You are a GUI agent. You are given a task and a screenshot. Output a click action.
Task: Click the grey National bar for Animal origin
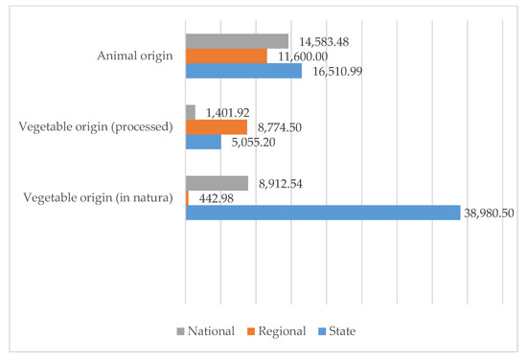coord(237,41)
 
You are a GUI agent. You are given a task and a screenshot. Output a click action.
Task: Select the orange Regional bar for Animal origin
coord(226,56)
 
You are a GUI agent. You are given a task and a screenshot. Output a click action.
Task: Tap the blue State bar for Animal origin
coord(243,71)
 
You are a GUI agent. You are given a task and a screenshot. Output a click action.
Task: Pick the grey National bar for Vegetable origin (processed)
coord(190,112)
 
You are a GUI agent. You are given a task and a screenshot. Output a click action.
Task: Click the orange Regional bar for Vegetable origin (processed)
coord(216,126)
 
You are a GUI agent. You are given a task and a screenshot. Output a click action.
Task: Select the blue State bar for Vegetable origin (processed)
coord(203,142)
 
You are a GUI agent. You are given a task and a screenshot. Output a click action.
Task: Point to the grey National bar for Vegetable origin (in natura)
coord(217,183)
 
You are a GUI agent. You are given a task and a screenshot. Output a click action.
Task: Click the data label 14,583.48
coord(324,41)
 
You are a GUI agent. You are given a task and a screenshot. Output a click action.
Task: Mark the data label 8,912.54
coord(281,183)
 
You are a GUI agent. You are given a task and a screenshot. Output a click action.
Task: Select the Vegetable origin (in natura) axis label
coord(98,198)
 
